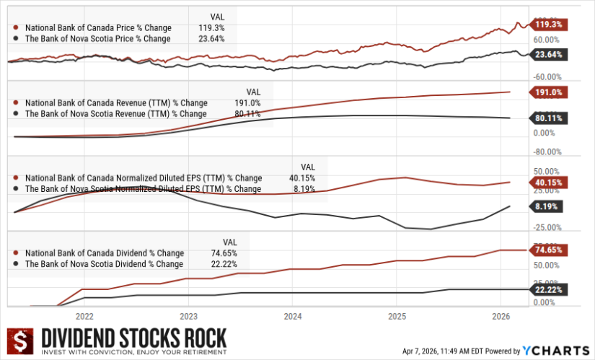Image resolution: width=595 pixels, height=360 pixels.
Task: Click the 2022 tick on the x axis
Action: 84,316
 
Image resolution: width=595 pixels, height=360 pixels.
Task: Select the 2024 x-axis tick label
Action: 293,316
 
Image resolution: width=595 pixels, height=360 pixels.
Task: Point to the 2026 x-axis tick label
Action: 501,316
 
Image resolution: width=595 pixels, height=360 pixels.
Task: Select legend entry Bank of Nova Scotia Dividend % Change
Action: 104,264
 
